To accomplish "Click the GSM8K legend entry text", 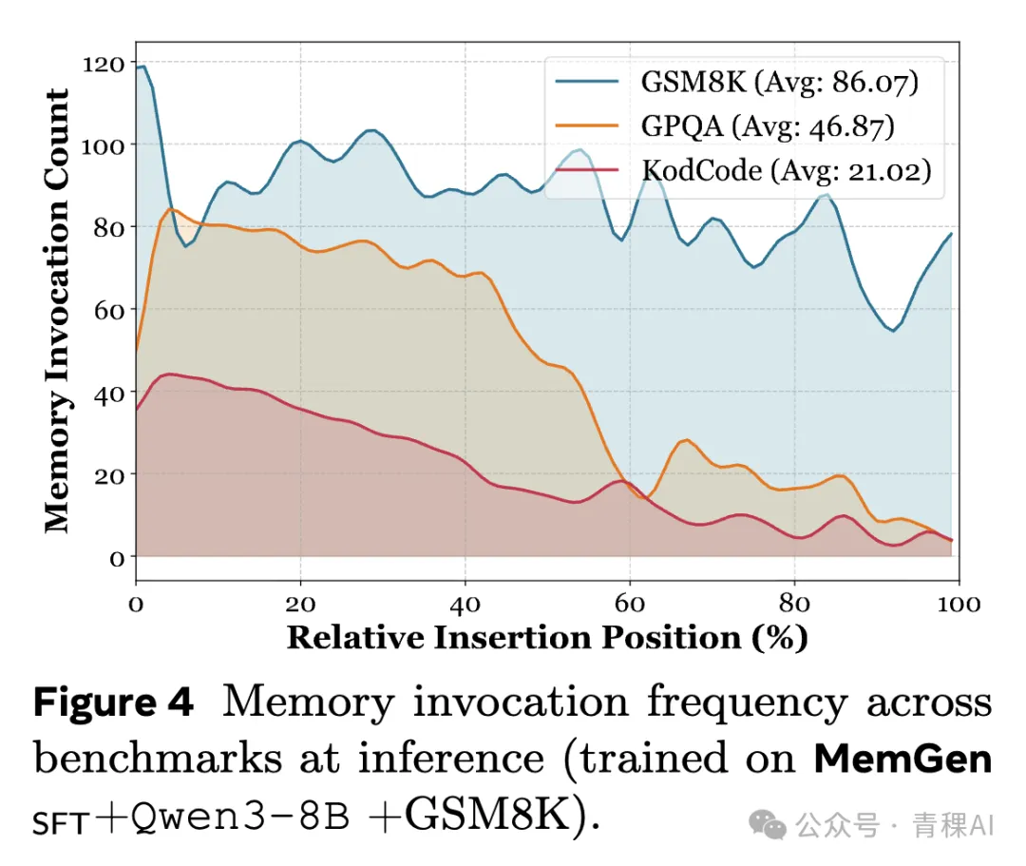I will [x=773, y=83].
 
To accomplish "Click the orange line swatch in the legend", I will [x=588, y=126].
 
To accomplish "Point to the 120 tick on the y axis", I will [x=104, y=65].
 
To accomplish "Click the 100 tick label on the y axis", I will [x=104, y=146].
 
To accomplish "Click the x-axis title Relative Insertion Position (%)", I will [x=547, y=637].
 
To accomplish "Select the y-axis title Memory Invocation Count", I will [x=57, y=310].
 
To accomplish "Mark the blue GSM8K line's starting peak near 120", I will [x=142, y=67].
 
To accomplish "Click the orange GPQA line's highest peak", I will [x=171, y=209].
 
